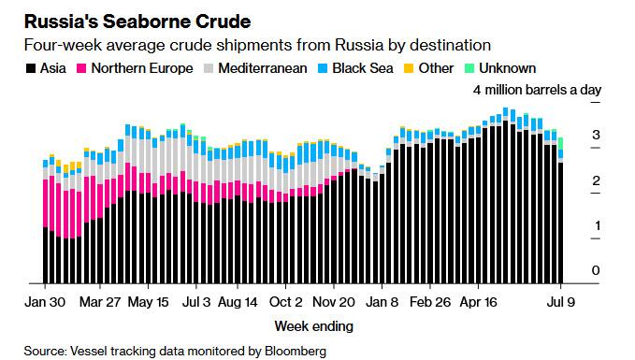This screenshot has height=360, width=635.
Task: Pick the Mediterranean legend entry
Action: pyautogui.click(x=263, y=67)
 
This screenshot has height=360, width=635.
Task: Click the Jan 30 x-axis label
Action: pyautogui.click(x=43, y=302)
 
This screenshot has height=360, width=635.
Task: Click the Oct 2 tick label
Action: pyautogui.click(x=285, y=302)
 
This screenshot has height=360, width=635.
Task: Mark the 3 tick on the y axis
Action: pyautogui.click(x=595, y=136)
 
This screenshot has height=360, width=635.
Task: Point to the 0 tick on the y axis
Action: pyautogui.click(x=595, y=270)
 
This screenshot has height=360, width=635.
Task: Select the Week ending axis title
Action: pyautogui.click(x=313, y=326)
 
